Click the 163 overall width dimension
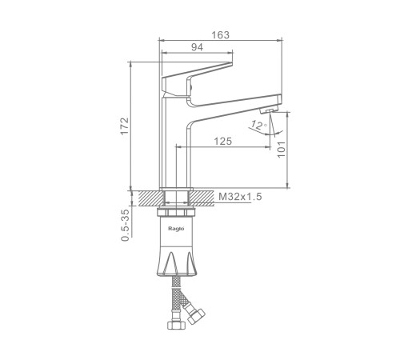click(x=220, y=35)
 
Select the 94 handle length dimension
click(x=197, y=47)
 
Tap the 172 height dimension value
click(x=125, y=126)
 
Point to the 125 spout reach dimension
click(x=223, y=142)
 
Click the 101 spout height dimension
click(x=282, y=150)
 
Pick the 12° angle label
click(x=258, y=125)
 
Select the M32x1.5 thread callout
click(x=240, y=197)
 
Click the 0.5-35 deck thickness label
click(x=125, y=226)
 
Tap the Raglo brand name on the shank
click(x=176, y=229)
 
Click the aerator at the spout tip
click(x=269, y=110)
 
